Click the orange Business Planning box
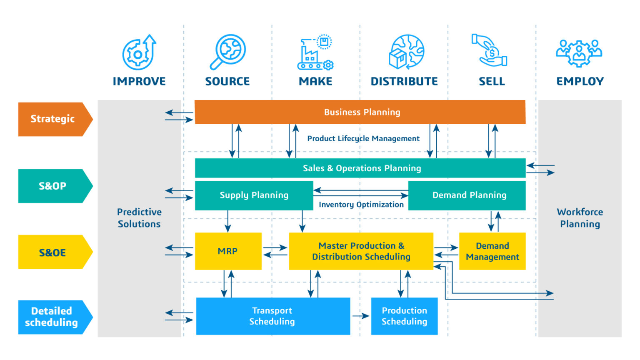(360, 112)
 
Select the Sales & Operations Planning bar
(360, 168)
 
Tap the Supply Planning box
(254, 195)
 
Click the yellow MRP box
(228, 251)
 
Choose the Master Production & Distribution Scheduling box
(361, 251)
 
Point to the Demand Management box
(492, 251)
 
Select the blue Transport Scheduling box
(272, 316)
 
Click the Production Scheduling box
(404, 316)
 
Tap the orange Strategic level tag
(52, 119)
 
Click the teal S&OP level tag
(52, 186)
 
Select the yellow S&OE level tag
(52, 252)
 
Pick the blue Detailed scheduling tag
(52, 317)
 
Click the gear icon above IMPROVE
(139, 52)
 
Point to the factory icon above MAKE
(315, 52)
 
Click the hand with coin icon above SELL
(490, 50)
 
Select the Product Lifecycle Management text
(363, 139)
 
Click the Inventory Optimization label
(361, 205)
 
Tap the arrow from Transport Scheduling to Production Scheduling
(360, 316)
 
